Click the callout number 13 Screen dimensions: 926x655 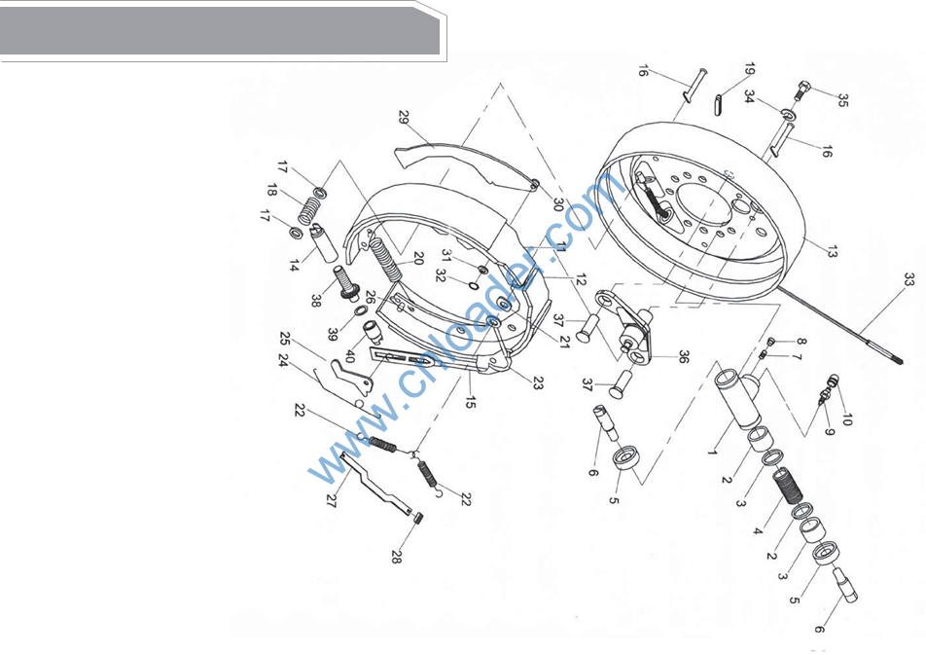coord(832,252)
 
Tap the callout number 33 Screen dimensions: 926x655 coord(908,279)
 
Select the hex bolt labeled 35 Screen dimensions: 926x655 coord(803,91)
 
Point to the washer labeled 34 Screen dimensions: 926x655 coord(787,114)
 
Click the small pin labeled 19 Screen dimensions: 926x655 coord(719,106)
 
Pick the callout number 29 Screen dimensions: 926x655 coord(404,117)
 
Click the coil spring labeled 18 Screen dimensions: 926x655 coord(309,210)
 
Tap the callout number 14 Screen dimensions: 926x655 coord(294,266)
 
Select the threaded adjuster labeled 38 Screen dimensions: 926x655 coord(346,282)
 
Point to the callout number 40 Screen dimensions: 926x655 coord(349,356)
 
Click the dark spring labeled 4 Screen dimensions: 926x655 coord(787,485)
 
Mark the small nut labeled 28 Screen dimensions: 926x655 coord(418,518)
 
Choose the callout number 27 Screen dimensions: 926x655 coord(331,500)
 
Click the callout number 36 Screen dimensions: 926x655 coord(683,356)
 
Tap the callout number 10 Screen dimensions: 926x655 coord(847,419)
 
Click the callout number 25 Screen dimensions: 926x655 coord(285,339)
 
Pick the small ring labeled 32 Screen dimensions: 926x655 coord(473,286)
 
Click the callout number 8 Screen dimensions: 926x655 coord(801,341)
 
